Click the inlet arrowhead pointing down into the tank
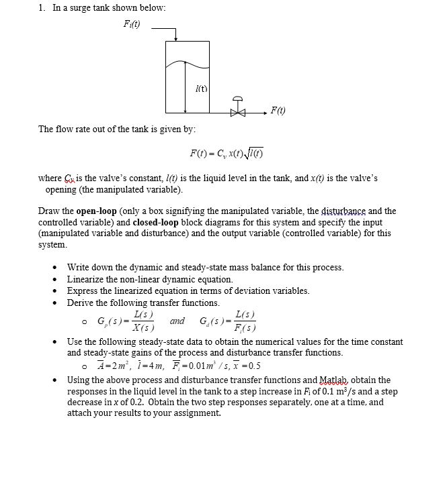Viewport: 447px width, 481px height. pos(176,38)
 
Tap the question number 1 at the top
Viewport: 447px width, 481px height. pos(41,7)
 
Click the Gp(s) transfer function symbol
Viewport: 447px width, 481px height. pos(111,321)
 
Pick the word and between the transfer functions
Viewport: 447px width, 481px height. pos(177,321)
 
